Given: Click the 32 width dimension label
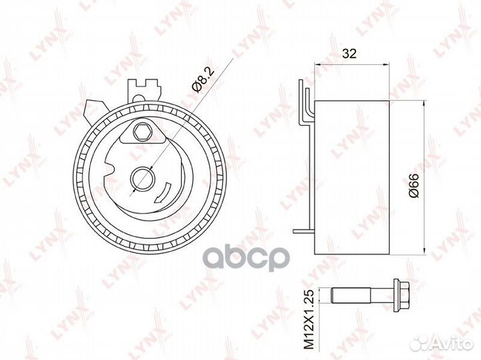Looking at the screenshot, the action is coord(349,53).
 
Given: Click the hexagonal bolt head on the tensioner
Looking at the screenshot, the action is coord(142,132).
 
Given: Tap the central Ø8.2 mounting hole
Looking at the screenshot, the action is coord(142,179).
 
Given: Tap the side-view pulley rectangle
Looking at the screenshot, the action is coord(352,178).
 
